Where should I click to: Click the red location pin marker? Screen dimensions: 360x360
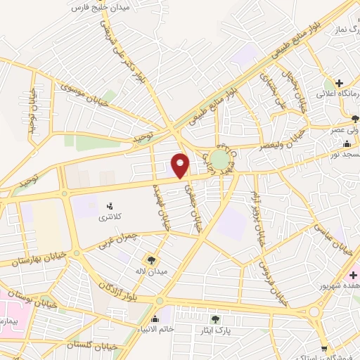[x=181, y=165]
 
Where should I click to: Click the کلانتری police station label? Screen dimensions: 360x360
[x=109, y=219]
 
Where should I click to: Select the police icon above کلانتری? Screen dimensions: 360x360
[x=109, y=207]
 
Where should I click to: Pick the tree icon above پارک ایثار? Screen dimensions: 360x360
[x=215, y=319]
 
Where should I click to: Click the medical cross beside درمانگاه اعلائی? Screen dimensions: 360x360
[x=339, y=83]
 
